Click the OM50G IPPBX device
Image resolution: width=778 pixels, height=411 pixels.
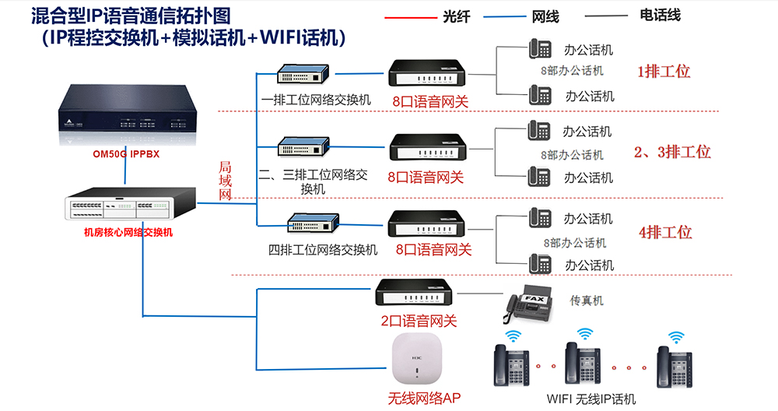click(x=125, y=115)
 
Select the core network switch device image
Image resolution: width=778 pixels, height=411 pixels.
click(x=128, y=205)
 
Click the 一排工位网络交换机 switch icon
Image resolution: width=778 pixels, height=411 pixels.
click(x=305, y=75)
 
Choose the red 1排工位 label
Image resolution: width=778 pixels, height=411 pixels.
click(x=664, y=72)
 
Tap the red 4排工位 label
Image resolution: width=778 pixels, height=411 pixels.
click(x=665, y=232)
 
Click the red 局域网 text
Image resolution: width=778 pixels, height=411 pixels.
click(x=226, y=181)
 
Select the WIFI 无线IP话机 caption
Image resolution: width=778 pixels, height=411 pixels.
click(x=591, y=399)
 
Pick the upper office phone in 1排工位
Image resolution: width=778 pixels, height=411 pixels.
click(x=541, y=49)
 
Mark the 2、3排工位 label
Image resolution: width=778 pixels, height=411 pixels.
click(x=672, y=152)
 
